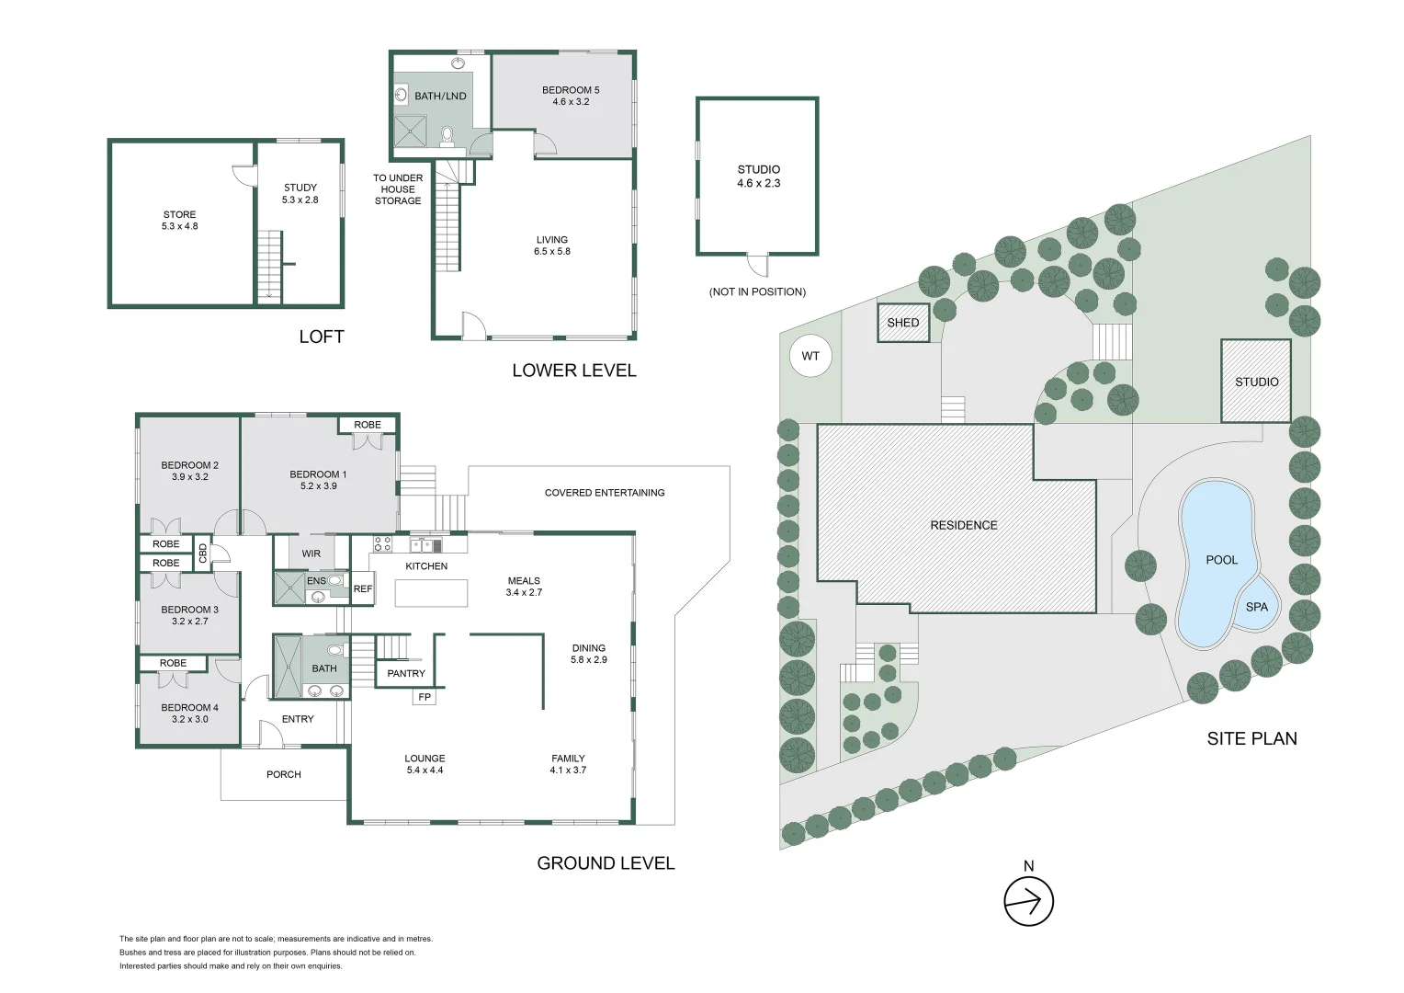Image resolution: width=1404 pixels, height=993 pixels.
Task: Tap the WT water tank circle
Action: coord(810,357)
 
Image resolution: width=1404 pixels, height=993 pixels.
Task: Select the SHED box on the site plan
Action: coord(903,323)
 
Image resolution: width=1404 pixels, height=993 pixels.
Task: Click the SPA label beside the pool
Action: coord(1257,607)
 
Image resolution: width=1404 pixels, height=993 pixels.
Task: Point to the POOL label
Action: coord(1221,560)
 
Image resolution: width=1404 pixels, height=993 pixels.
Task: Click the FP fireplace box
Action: coord(425,697)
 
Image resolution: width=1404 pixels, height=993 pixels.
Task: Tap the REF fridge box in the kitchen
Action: coord(362,589)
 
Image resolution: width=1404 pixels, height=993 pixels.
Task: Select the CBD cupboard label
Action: coord(202,554)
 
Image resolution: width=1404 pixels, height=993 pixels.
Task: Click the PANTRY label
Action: coord(406,674)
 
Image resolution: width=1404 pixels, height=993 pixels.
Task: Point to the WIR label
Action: coord(311,554)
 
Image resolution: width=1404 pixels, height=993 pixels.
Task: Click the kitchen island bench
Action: coord(431,593)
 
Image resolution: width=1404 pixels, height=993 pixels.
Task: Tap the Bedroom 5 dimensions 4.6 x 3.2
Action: coord(571,102)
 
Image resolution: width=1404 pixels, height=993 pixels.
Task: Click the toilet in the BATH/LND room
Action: coord(447,136)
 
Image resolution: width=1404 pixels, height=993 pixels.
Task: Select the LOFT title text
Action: coord(322,337)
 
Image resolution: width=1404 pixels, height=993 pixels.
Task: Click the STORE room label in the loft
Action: coord(179,214)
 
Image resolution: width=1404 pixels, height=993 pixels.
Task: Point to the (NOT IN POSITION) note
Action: coord(757,291)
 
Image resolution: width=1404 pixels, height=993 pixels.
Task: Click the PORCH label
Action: coord(283,775)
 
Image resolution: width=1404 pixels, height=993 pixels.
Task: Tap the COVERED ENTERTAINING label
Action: coord(605,493)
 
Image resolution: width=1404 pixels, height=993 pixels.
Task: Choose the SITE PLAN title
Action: coord(1251,739)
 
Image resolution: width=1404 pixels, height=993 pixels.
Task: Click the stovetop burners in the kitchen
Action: coord(383,544)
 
